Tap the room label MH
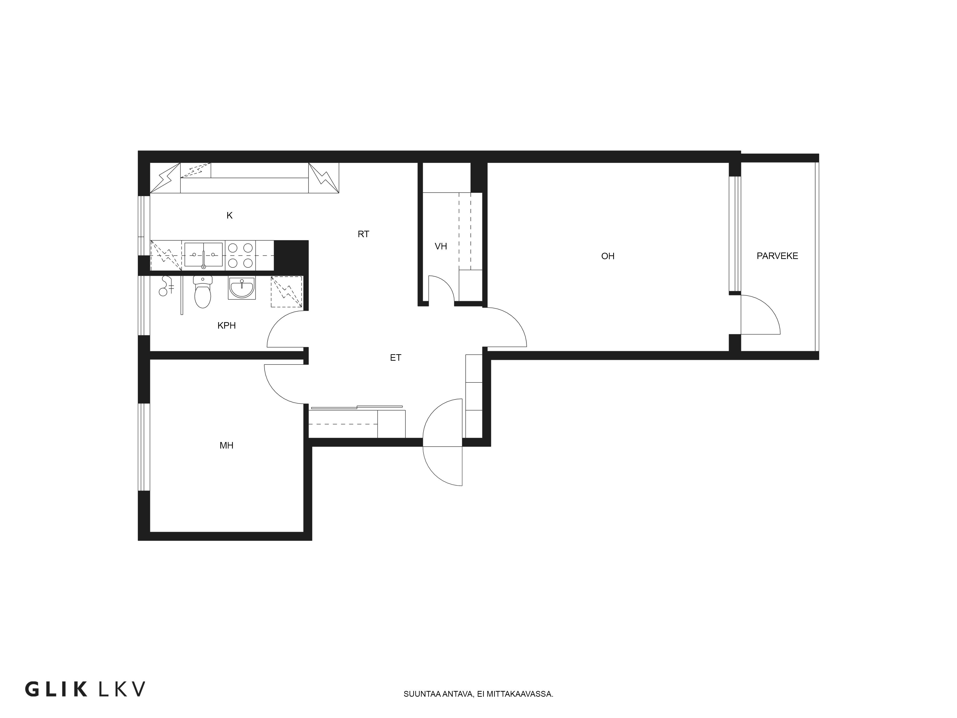pos(226,445)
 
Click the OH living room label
pos(608,256)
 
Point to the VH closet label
pos(441,246)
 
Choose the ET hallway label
pos(395,358)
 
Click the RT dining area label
pos(363,234)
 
